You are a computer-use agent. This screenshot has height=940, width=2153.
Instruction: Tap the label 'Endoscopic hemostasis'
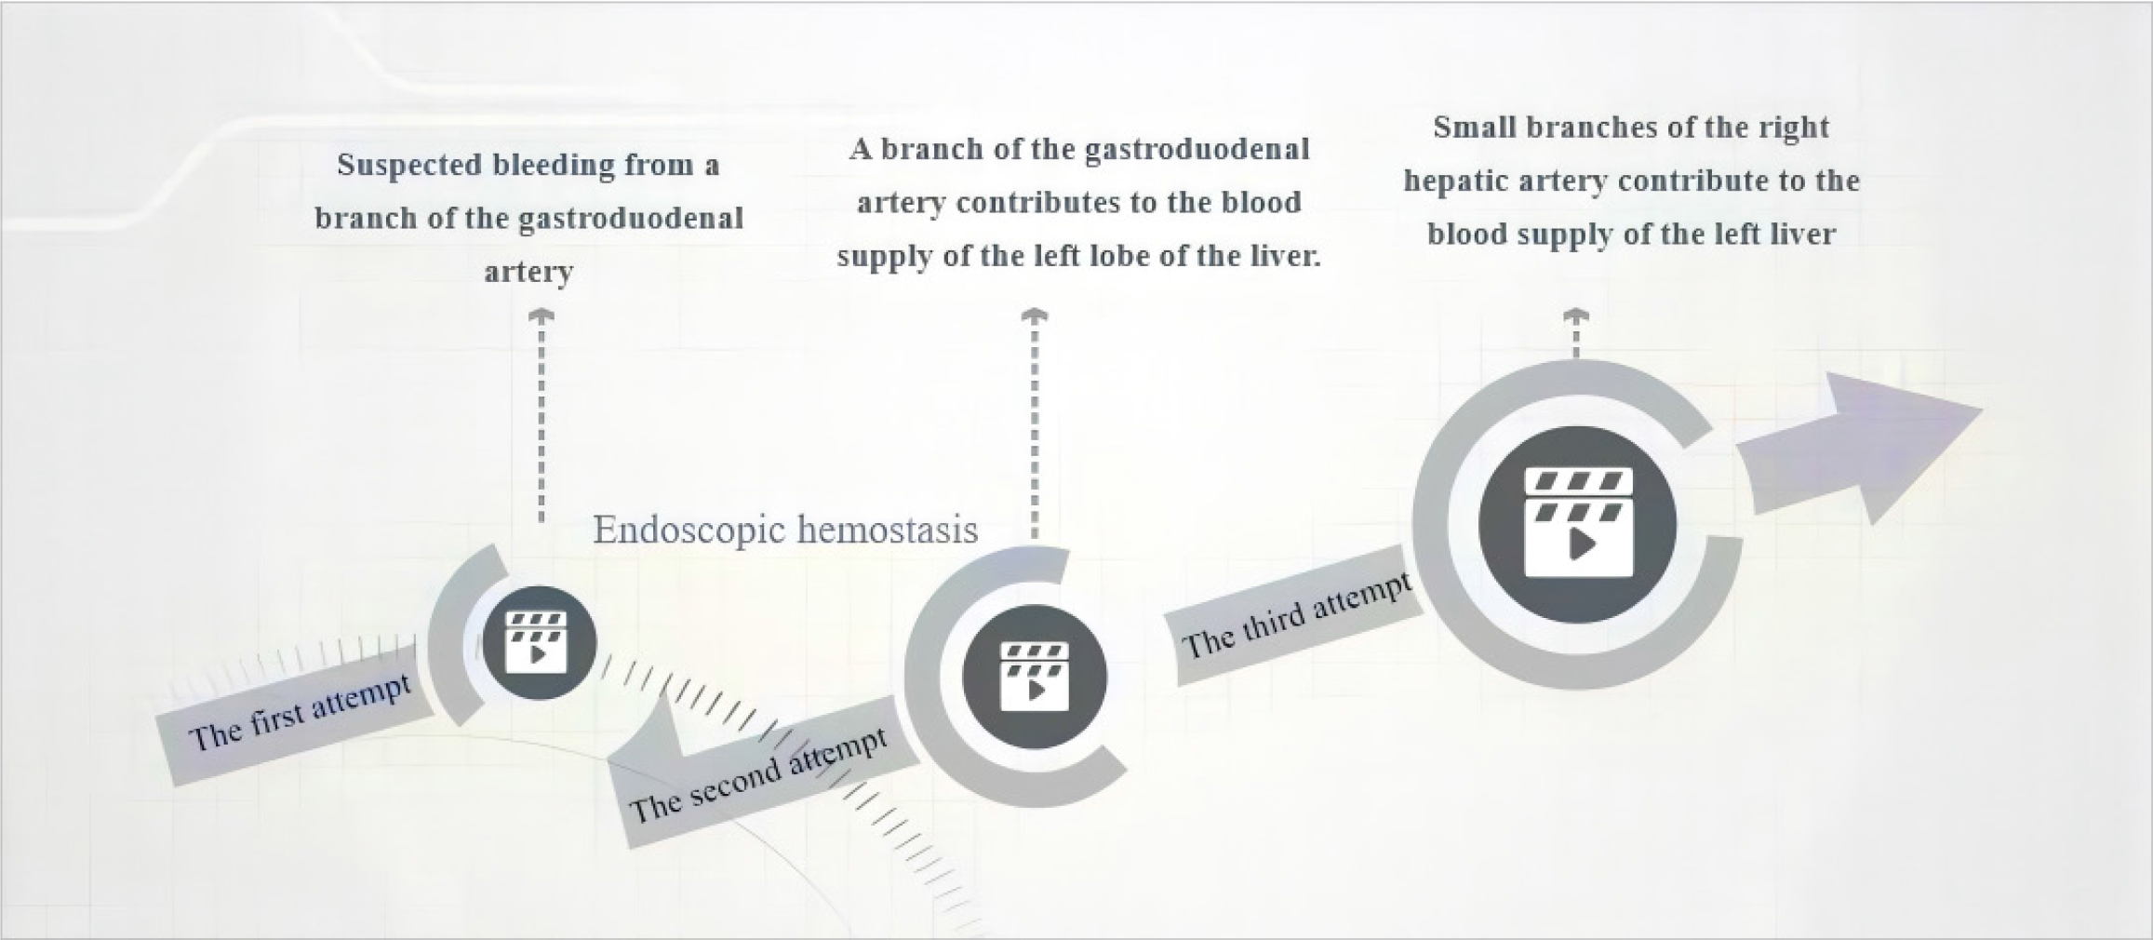785,530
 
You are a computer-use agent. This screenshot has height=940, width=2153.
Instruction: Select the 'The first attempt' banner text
300,713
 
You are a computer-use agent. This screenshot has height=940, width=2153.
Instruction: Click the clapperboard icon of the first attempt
537,642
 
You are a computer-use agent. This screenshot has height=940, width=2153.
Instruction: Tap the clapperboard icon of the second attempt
1034,677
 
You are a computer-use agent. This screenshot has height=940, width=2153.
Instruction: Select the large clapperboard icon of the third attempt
1578,522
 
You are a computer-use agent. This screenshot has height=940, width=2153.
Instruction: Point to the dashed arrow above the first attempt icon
542,417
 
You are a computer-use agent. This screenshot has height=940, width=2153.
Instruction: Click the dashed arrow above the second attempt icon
1035,424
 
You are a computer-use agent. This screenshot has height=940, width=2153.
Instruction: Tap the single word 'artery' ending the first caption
528,272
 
